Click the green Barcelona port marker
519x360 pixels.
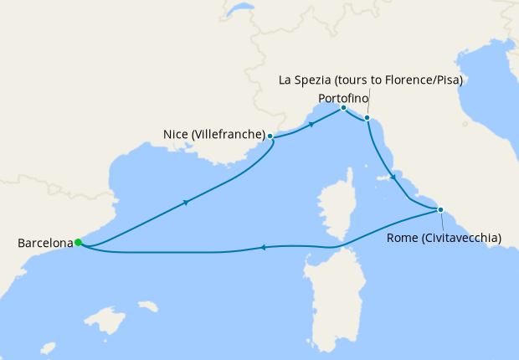(78, 243)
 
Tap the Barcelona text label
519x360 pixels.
(45, 244)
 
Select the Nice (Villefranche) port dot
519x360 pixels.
(270, 135)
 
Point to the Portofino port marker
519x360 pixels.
(343, 108)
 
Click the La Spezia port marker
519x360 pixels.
(367, 118)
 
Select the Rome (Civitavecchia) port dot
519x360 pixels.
(440, 209)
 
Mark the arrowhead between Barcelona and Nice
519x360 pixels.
(186, 202)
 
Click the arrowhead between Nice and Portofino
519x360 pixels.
(311, 125)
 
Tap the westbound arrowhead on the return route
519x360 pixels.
(263, 247)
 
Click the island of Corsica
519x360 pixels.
(333, 209)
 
